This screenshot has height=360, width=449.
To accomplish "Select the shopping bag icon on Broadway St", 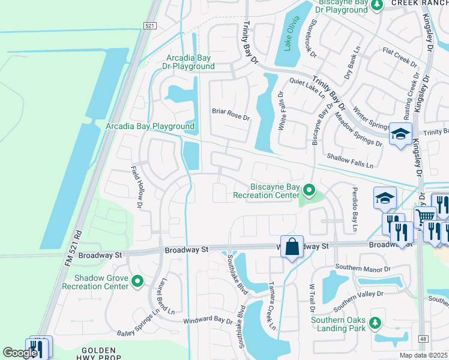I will point(292,247).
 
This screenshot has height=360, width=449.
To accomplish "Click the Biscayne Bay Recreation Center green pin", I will point(309,191).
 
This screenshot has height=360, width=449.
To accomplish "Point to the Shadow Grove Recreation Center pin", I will point(137,281).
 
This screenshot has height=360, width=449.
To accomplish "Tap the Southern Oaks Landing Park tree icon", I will point(376,324).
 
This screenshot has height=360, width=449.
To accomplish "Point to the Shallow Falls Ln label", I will point(350,161).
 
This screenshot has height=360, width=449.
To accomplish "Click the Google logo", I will point(20,353).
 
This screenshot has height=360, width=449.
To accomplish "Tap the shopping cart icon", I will point(425,216).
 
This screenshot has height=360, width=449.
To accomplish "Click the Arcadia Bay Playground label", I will point(150,127).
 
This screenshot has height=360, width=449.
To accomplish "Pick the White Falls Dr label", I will point(282,112).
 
